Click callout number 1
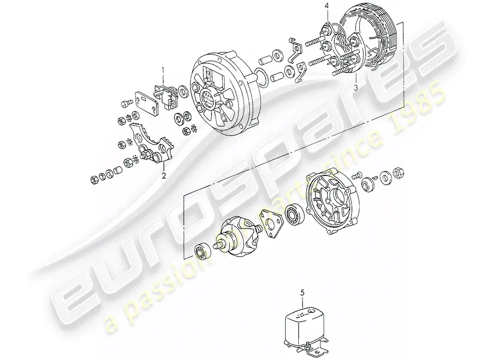(x=163, y=70)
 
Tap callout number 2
(x=164, y=176)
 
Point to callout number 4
(x=327, y=5)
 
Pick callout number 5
(x=302, y=293)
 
